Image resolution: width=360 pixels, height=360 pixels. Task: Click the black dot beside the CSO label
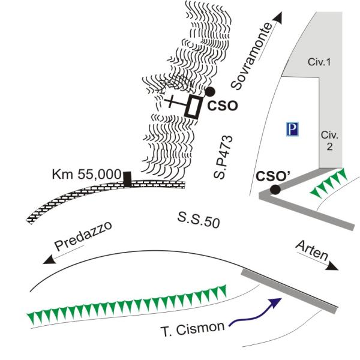pos(210,91)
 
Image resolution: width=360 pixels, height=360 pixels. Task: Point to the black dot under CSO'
pos(275,190)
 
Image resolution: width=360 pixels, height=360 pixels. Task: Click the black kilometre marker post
pos(127,179)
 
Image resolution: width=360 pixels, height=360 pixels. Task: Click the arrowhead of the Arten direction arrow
pos(332,268)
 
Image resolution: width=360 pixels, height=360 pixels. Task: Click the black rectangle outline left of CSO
pos(194,106)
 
